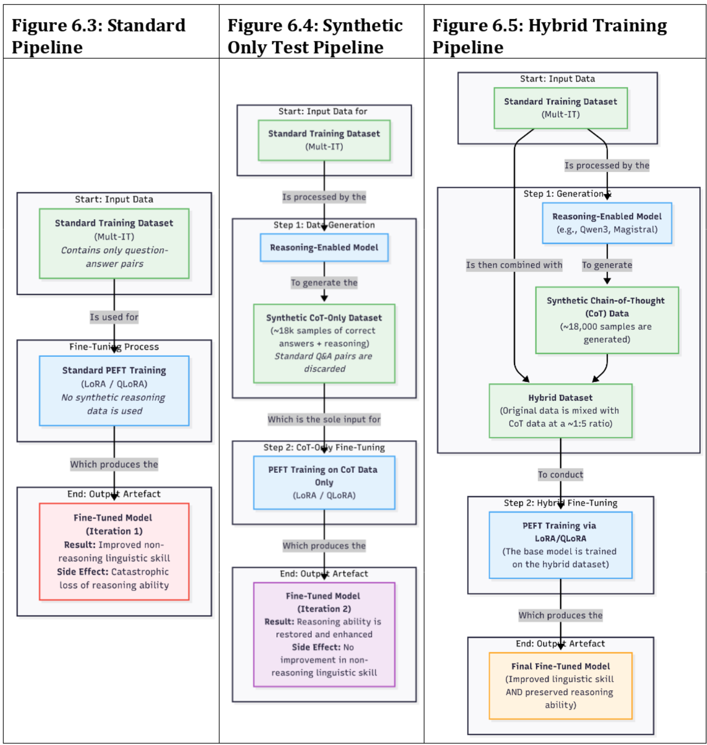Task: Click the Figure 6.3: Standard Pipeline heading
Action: pyautogui.click(x=99, y=36)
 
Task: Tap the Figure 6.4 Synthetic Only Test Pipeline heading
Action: pyautogui.click(x=315, y=36)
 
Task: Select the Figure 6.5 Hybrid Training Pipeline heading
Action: pyautogui.click(x=549, y=36)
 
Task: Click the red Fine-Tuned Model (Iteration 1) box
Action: pyautogui.click(x=114, y=551)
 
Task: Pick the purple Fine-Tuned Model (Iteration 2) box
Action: pyautogui.click(x=324, y=634)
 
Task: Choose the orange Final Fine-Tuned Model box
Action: pyautogui.click(x=560, y=685)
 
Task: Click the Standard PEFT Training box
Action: pyautogui.click(x=114, y=390)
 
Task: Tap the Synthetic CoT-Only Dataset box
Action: pyautogui.click(x=324, y=343)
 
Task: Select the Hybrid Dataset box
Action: pyautogui.click(x=560, y=411)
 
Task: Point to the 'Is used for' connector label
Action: pyautogui.click(x=114, y=317)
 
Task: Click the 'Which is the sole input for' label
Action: pyautogui.click(x=324, y=419)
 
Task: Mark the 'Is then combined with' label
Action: pyautogui.click(x=514, y=265)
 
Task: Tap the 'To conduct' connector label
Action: pyautogui.click(x=560, y=474)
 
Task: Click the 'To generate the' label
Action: pyautogui.click(x=324, y=283)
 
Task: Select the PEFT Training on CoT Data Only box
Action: pyautogui.click(x=324, y=482)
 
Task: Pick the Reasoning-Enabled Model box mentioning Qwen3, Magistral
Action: pyautogui.click(x=607, y=223)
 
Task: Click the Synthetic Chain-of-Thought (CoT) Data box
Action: pyautogui.click(x=607, y=320)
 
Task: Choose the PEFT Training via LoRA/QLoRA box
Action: pyautogui.click(x=560, y=545)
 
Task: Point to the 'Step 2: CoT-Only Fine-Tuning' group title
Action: pyautogui.click(x=324, y=447)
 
